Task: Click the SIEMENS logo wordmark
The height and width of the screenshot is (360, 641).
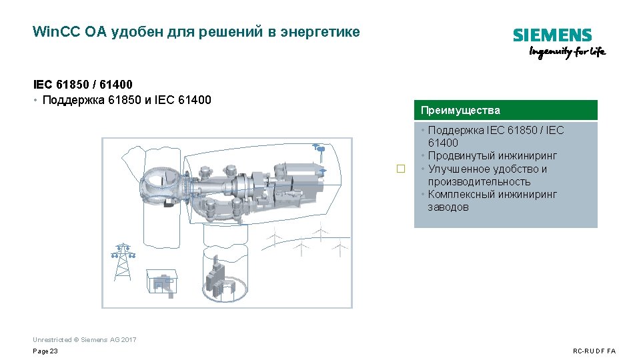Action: click(x=552, y=35)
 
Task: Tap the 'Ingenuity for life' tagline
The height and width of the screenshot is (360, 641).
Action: click(x=567, y=53)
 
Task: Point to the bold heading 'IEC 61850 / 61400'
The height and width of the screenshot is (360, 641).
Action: click(x=83, y=85)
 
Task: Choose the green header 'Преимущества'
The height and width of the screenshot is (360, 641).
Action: click(x=460, y=110)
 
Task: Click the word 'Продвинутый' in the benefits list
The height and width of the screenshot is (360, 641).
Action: click(x=461, y=156)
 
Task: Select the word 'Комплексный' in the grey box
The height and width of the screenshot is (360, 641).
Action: click(x=461, y=194)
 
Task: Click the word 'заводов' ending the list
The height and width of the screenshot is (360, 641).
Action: click(x=448, y=207)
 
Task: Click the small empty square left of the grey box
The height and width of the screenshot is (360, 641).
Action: click(x=401, y=169)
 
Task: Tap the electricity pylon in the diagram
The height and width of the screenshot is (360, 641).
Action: click(x=122, y=261)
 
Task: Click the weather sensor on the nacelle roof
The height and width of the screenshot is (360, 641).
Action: click(x=319, y=149)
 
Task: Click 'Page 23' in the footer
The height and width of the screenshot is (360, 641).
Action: click(x=45, y=351)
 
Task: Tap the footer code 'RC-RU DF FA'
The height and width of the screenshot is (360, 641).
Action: click(x=594, y=351)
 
